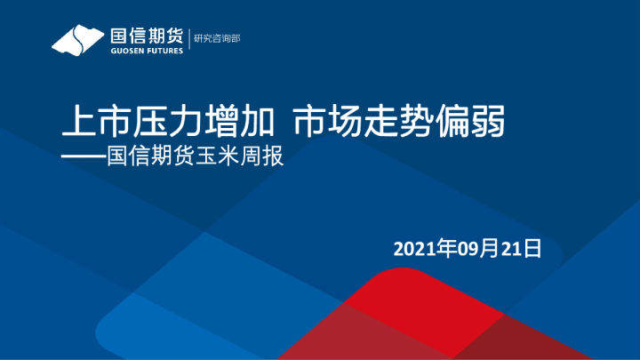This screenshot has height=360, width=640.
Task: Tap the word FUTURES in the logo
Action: click(164, 51)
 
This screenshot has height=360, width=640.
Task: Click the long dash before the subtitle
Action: click(83, 158)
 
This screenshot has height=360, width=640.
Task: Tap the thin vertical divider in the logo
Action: click(188, 40)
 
